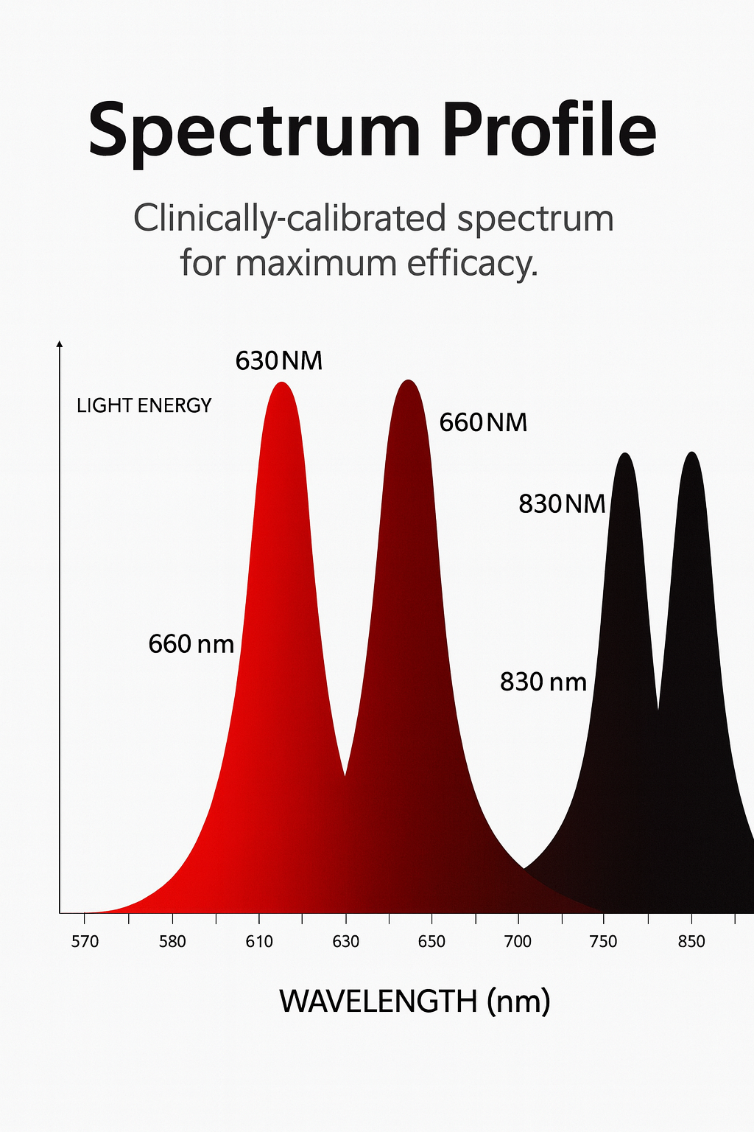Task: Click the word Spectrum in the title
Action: tap(254, 131)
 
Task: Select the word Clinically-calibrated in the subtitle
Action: tap(289, 219)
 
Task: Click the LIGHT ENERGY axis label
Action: tap(144, 405)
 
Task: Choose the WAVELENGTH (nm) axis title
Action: tap(415, 1001)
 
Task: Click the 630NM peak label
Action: tap(279, 361)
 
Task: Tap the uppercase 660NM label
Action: tap(483, 423)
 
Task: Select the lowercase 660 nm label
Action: tap(191, 644)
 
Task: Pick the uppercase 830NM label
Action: tap(562, 504)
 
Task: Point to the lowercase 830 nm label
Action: tap(543, 682)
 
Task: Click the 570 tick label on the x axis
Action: tap(85, 942)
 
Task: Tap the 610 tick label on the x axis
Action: tap(259, 942)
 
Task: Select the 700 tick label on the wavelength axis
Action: tap(518, 942)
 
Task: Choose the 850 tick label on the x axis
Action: tap(691, 942)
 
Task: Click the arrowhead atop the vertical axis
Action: tap(60, 344)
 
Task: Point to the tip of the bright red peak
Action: tap(281, 383)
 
